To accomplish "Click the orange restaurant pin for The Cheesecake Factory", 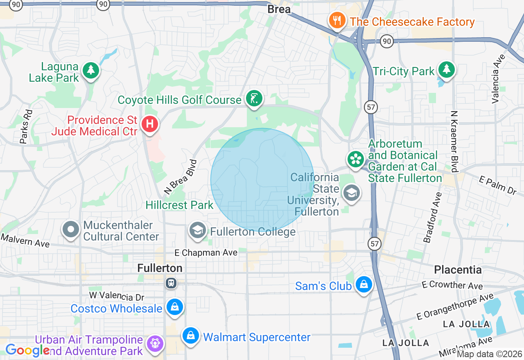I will pyautogui.click(x=337, y=20).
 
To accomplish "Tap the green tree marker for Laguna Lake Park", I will pyautogui.click(x=91, y=70).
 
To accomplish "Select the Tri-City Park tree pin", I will pyautogui.click(x=446, y=70).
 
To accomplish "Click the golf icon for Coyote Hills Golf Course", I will pyautogui.click(x=254, y=99).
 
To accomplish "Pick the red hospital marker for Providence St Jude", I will pyautogui.click(x=149, y=124).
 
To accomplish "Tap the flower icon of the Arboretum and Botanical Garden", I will pyautogui.click(x=356, y=159).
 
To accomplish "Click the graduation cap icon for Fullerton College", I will pyautogui.click(x=197, y=231).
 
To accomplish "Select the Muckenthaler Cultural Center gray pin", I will pyautogui.click(x=71, y=229).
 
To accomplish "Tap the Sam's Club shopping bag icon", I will pyautogui.click(x=363, y=284).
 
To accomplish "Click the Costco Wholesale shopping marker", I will pyautogui.click(x=175, y=307).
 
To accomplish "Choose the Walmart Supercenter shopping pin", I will pyautogui.click(x=190, y=336).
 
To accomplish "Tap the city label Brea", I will pyautogui.click(x=279, y=9).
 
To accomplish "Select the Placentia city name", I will pyautogui.click(x=458, y=270).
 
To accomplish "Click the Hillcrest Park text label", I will pyautogui.click(x=179, y=205).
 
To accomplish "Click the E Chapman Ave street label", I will pyautogui.click(x=206, y=253).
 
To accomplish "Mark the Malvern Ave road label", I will pyautogui.click(x=25, y=241).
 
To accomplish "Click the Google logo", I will pyautogui.click(x=27, y=350).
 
